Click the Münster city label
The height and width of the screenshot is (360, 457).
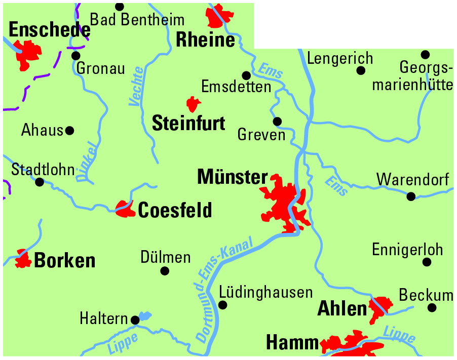coord(232,177)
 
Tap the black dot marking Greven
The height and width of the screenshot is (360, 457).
coord(277,122)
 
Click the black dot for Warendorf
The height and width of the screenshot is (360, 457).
coord(411,196)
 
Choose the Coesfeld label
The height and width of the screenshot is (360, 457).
coord(175,210)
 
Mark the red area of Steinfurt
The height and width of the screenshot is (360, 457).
coord(193,104)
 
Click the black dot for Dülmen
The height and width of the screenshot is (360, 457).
coord(165,271)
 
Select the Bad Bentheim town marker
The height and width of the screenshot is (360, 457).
coord(120,7)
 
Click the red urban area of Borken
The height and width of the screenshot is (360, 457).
coord(23,259)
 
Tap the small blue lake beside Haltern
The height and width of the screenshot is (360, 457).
coord(145,316)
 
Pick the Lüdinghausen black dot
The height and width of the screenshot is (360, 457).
coord(222,305)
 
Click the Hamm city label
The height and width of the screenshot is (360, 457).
coord(292,343)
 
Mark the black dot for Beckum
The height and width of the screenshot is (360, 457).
coord(432,307)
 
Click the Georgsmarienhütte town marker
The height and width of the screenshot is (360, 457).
coord(425,54)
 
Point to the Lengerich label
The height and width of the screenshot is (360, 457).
coord(340,58)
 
